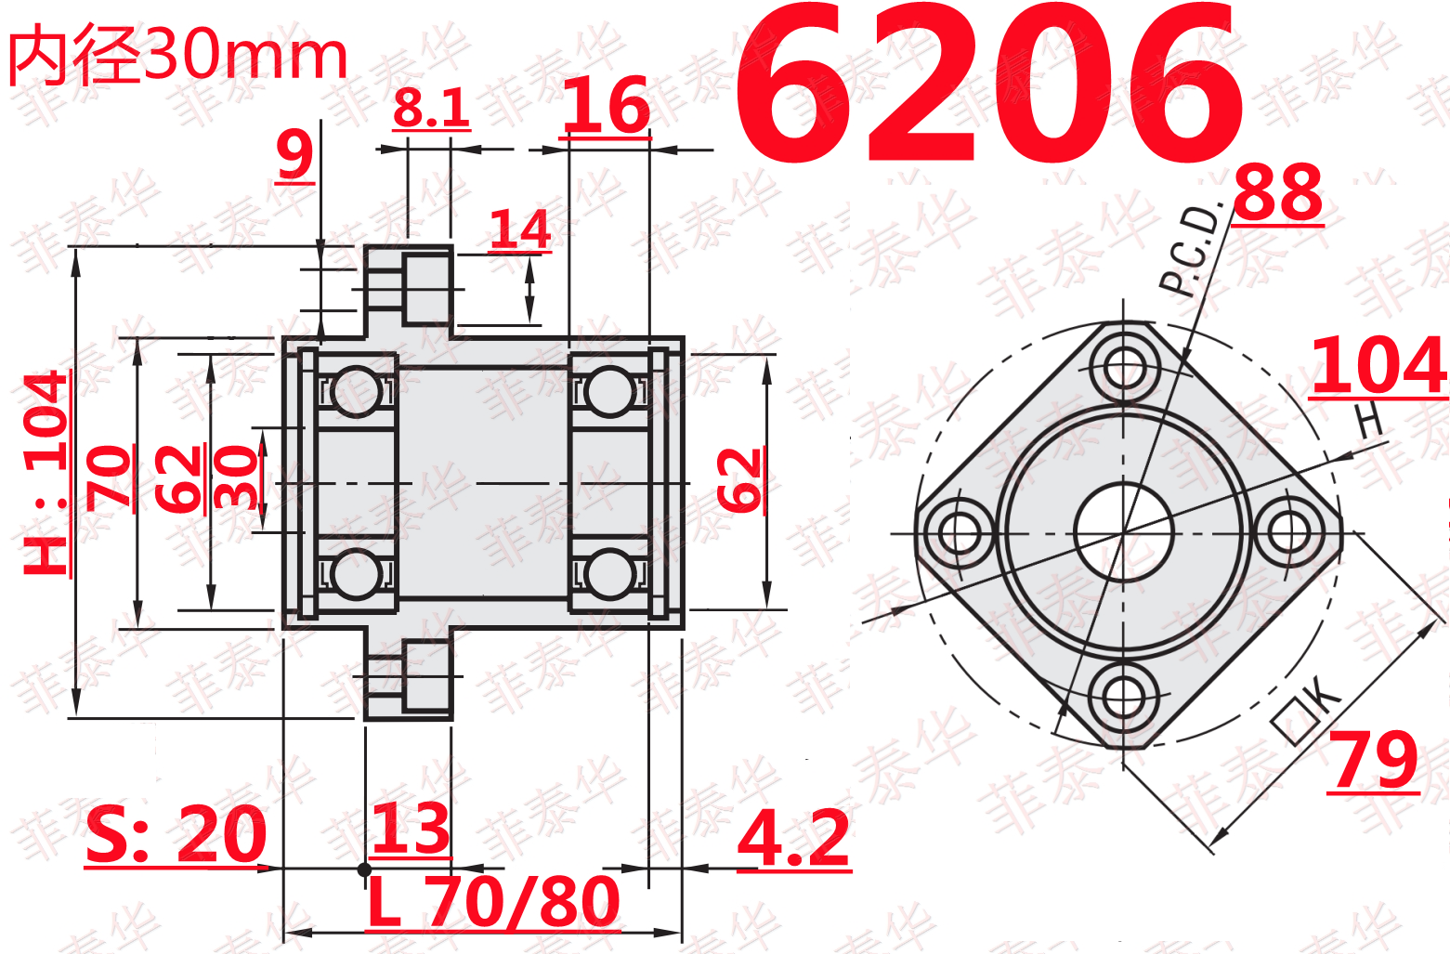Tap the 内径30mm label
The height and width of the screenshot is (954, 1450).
click(x=178, y=55)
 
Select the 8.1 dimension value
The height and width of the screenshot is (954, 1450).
click(x=431, y=108)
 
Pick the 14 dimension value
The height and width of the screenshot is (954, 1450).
click(x=520, y=229)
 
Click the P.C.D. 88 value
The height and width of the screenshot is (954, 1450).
click(x=1278, y=192)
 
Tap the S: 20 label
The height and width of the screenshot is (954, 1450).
click(x=176, y=834)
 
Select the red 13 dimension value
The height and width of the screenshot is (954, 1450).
click(x=411, y=828)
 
